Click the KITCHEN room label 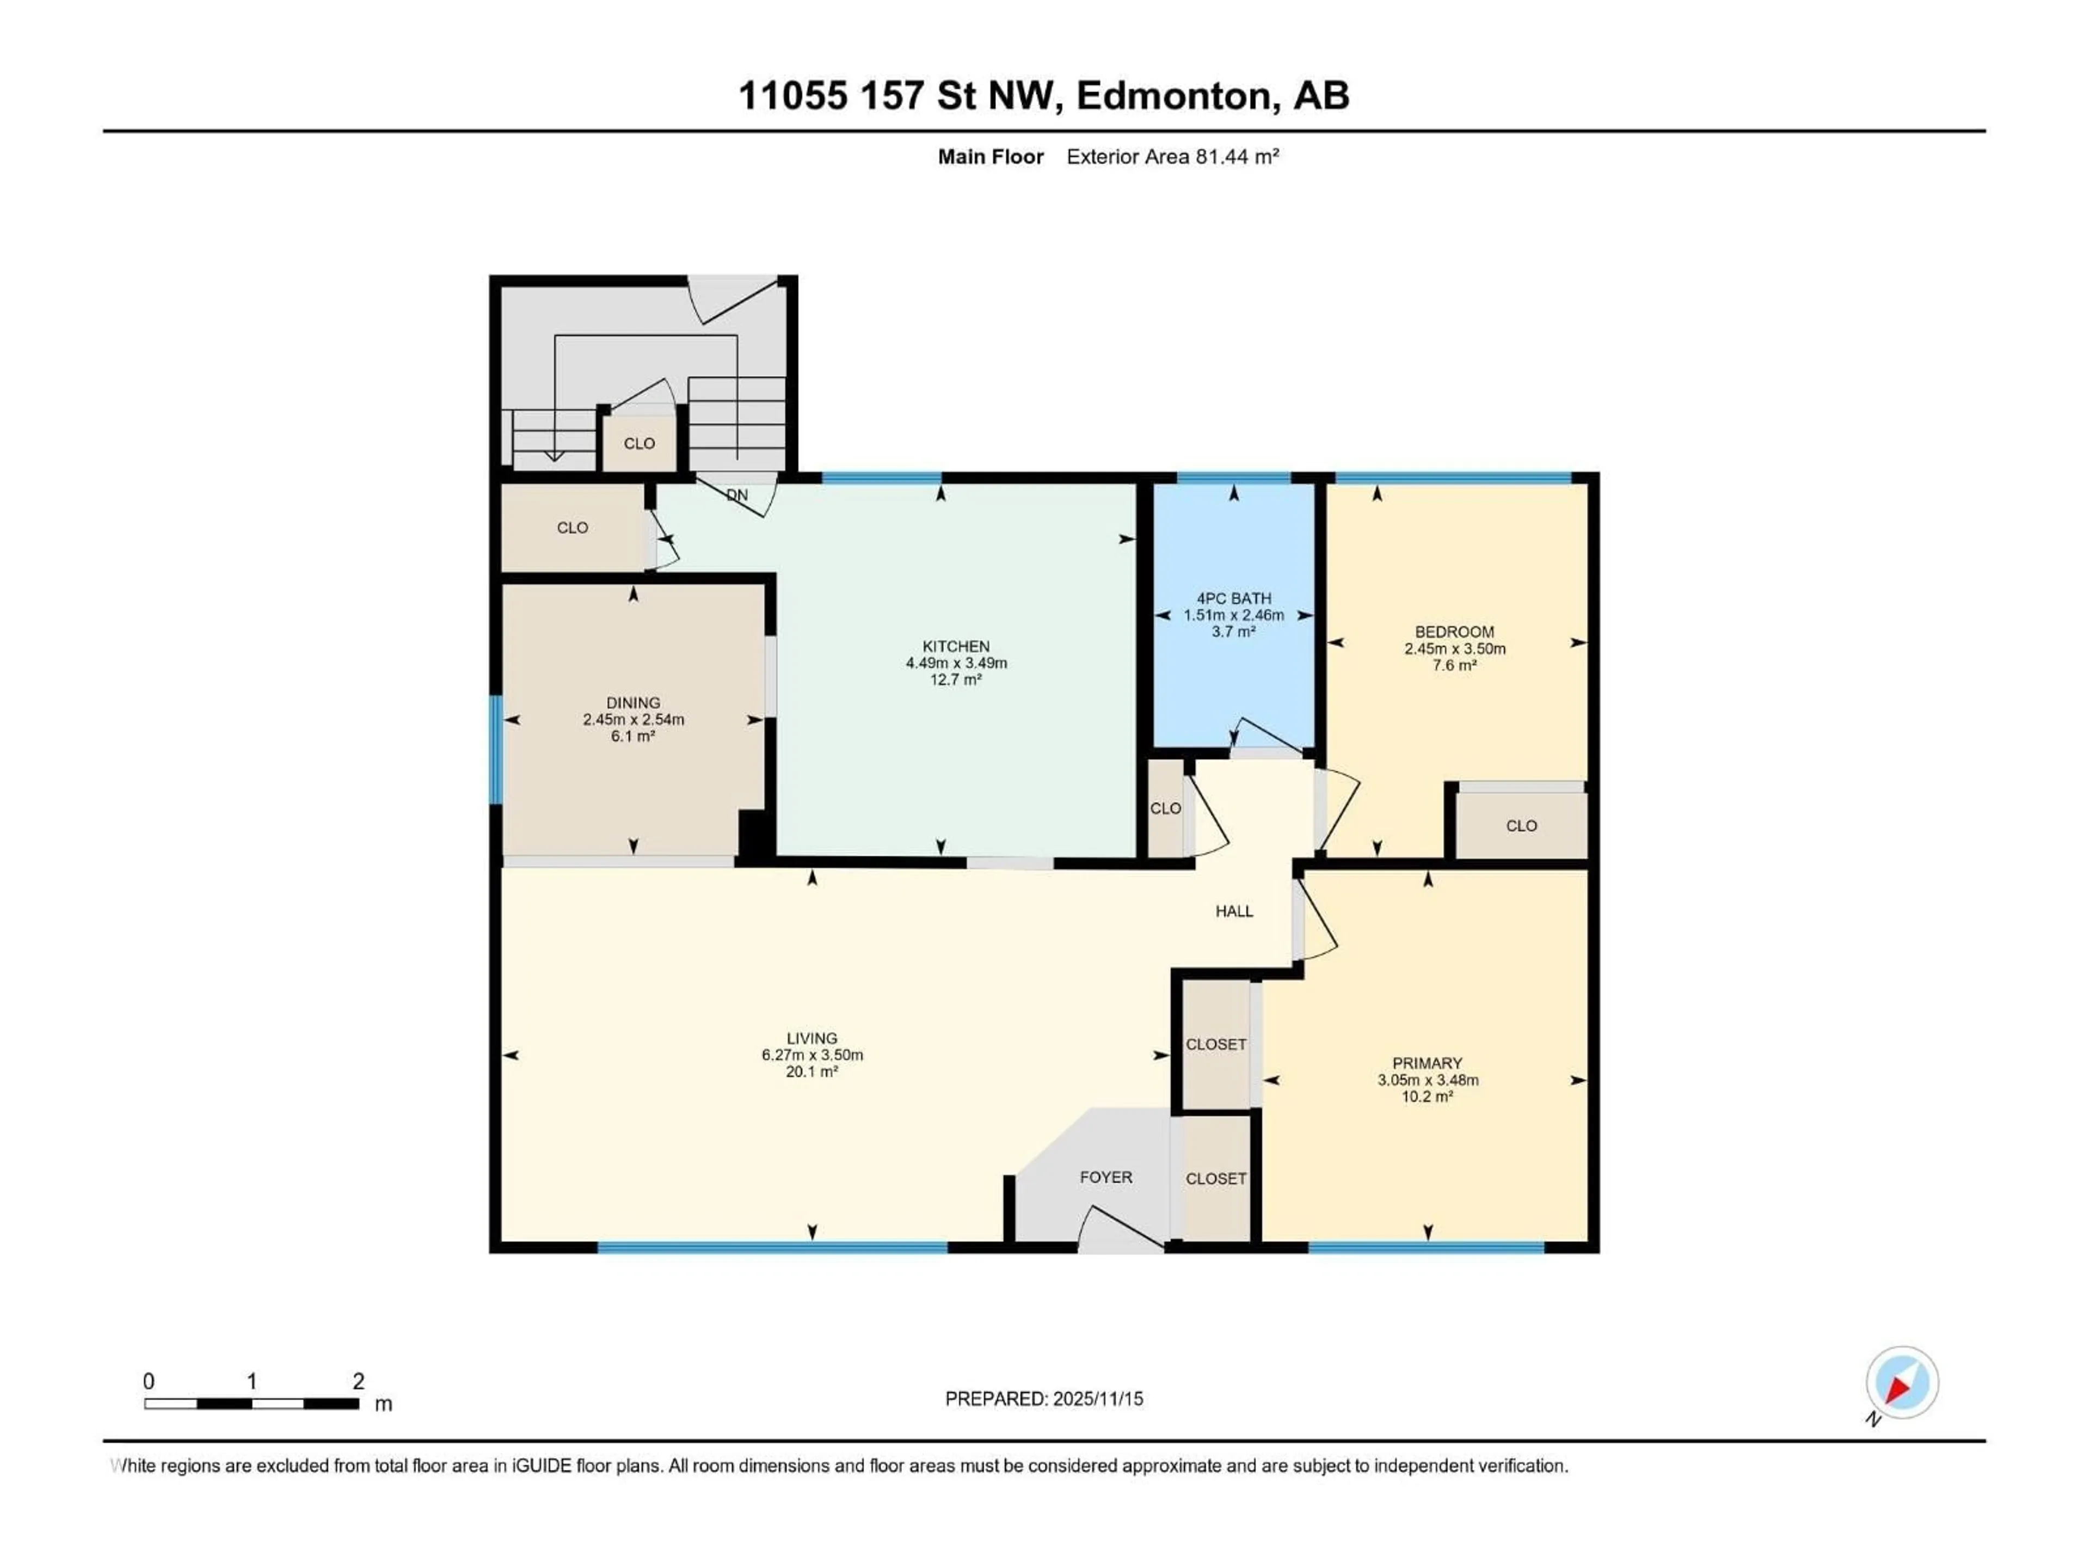tap(956, 646)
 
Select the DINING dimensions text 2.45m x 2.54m tap(633, 719)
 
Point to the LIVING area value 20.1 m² tap(812, 1072)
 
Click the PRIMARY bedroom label tap(1427, 1063)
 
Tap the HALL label tap(1234, 911)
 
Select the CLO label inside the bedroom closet tap(1521, 826)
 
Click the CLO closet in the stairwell tap(640, 443)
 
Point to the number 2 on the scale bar tap(358, 1381)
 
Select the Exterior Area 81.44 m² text tap(1172, 157)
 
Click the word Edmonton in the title tap(1173, 95)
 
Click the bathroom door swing tap(1266, 736)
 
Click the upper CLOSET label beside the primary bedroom tap(1216, 1044)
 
